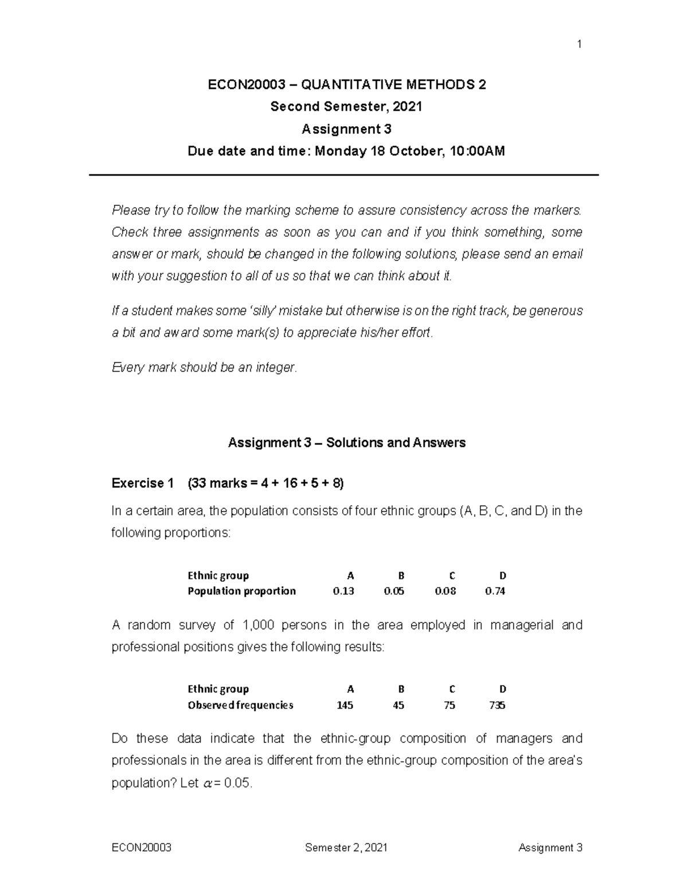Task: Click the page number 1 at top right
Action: (580, 44)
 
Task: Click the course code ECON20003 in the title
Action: (246, 85)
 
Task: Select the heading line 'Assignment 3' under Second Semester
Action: (346, 129)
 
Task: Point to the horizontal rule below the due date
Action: (344, 175)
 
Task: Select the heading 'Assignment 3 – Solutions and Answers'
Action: (346, 443)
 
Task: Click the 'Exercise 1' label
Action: (142, 484)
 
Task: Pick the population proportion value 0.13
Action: (343, 592)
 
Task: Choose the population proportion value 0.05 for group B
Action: (394, 592)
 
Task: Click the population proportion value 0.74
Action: (495, 592)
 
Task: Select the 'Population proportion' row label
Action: (241, 592)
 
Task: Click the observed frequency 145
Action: (345, 706)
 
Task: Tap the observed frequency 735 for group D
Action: (497, 706)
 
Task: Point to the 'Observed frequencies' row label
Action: (240, 706)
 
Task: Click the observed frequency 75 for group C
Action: (449, 706)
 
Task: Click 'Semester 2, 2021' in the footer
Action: (346, 848)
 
